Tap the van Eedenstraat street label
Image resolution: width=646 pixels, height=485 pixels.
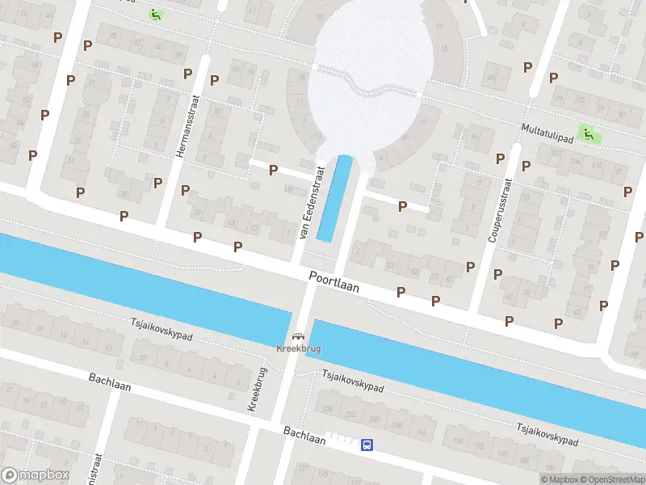click(x=311, y=202)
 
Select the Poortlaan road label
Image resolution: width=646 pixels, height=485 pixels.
click(x=333, y=281)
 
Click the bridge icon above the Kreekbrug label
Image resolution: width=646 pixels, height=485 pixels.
click(x=299, y=337)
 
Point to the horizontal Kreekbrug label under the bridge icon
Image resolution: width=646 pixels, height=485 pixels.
click(x=299, y=350)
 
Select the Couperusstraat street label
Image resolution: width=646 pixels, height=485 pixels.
click(x=499, y=210)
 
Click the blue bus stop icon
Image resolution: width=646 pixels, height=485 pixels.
click(x=367, y=444)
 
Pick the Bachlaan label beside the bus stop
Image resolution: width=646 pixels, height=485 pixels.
click(x=304, y=436)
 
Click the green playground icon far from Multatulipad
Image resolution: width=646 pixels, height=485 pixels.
click(x=155, y=14)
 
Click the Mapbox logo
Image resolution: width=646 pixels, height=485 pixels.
click(x=36, y=475)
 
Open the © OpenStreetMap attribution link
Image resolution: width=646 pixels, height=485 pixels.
click(x=608, y=479)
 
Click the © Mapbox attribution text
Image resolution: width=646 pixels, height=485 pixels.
click(x=556, y=479)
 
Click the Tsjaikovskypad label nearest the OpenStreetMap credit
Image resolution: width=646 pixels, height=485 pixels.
click(x=548, y=433)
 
